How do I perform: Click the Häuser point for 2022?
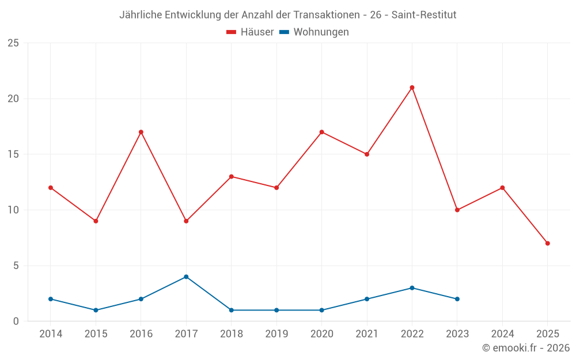pos(412,88)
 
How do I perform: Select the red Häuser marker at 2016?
pos(141,132)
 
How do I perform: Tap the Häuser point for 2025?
pos(547,243)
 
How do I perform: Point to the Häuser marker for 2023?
pos(457,210)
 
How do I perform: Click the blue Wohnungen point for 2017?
pos(186,276)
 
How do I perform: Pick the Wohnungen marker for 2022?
pos(412,288)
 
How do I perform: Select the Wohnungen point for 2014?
pos(51,299)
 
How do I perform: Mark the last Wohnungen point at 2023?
pos(457,299)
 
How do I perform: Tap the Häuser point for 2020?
pos(321,132)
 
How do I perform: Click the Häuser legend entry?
pos(250,32)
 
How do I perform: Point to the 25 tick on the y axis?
pos(13,43)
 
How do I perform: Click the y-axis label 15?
pos(13,154)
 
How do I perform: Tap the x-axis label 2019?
pos(276,334)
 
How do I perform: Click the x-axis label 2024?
pos(502,334)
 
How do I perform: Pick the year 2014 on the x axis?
pos(51,334)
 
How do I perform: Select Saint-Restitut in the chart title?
pos(424,15)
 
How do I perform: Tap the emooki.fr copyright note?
pos(525,348)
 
